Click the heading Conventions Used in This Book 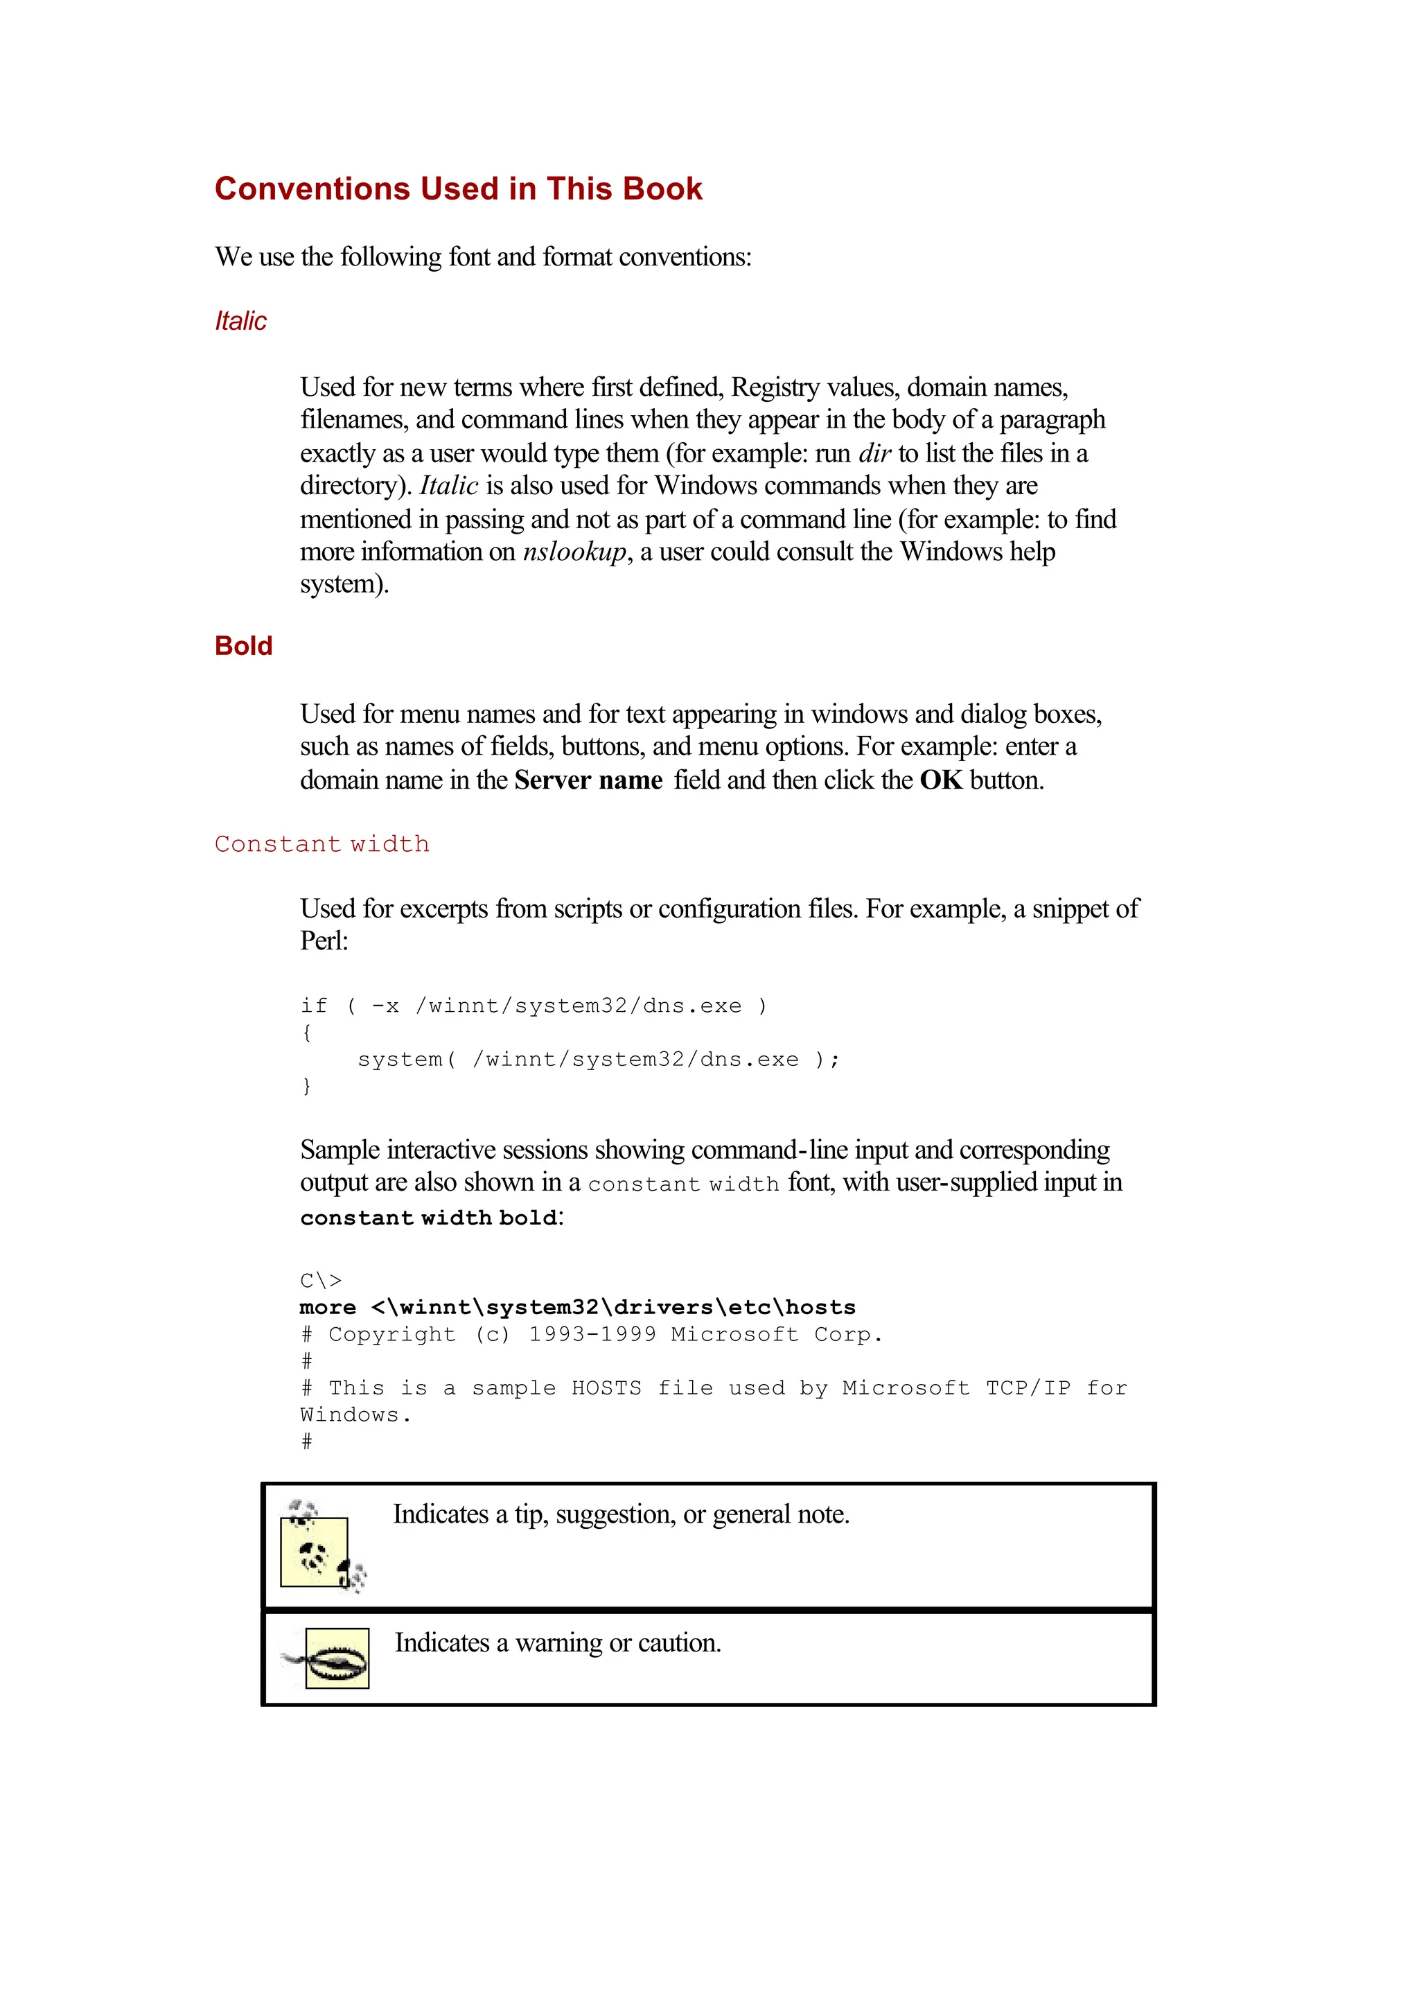point(458,189)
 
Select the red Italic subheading point(240,321)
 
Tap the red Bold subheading point(244,646)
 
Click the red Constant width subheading point(321,844)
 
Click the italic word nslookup point(574,552)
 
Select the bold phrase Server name point(588,780)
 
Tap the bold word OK point(940,780)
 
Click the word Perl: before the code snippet point(324,941)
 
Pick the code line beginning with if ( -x point(533,1006)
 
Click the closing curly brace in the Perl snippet point(306,1087)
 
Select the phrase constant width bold point(428,1218)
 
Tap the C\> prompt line point(321,1281)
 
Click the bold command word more point(328,1308)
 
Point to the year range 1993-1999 point(592,1335)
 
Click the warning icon point(332,1658)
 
